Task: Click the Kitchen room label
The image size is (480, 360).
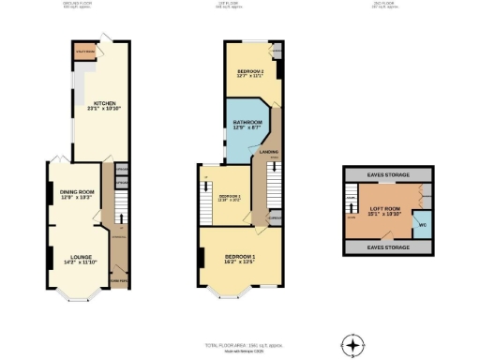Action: [96, 107]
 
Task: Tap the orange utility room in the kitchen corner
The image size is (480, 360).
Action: [86, 52]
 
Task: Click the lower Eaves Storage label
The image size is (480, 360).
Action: [388, 247]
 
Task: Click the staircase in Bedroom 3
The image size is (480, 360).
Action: [205, 191]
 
